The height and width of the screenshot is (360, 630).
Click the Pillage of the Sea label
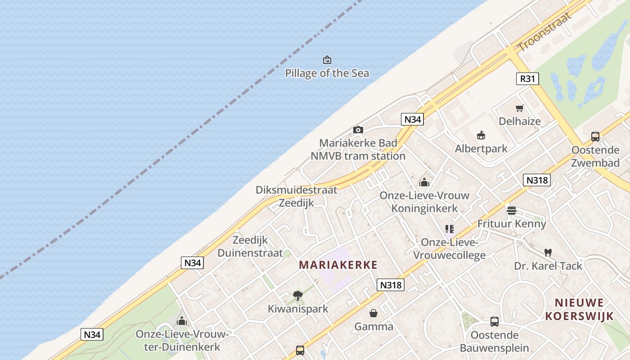tap(327, 73)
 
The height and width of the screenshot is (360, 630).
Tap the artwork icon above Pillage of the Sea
tap(327, 60)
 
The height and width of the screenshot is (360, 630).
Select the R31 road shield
tap(527, 79)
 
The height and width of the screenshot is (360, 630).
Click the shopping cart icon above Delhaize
tap(520, 108)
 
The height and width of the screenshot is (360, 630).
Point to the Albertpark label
tap(481, 148)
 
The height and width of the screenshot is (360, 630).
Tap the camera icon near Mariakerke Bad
tap(358, 130)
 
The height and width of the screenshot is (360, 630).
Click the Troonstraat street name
tap(544, 31)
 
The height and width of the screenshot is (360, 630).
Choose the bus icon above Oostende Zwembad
tap(595, 137)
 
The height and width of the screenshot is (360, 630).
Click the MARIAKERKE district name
tap(338, 265)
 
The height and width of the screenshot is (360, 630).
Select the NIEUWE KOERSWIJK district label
tap(579, 309)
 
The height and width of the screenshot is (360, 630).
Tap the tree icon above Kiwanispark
tap(297, 296)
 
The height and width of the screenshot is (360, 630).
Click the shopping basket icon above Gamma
tap(373, 313)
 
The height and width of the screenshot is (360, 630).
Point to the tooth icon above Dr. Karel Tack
tap(548, 252)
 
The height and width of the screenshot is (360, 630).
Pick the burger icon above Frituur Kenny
tap(512, 210)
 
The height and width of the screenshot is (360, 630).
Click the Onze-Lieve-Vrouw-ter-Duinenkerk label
tap(182, 341)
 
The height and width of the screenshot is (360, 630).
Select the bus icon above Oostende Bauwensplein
tap(495, 322)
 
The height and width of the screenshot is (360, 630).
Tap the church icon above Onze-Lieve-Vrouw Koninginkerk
tap(424, 182)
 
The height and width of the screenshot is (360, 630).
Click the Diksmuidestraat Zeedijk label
tap(296, 196)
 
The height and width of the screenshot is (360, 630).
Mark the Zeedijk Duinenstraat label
tap(250, 247)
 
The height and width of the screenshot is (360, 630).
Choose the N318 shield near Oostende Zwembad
tap(537, 180)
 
